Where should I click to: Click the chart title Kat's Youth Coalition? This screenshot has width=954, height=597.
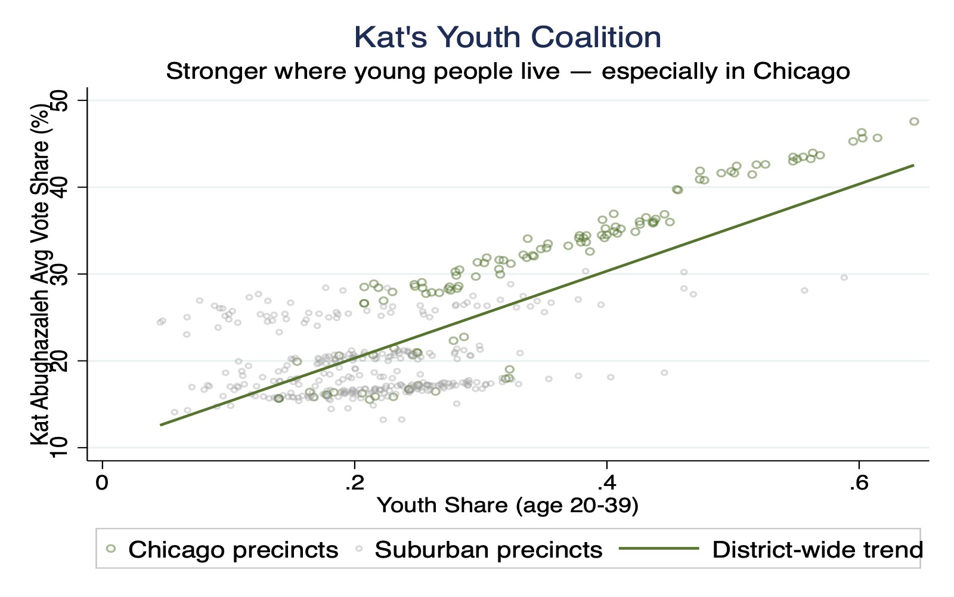tap(507, 37)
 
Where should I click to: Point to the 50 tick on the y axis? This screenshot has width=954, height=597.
tap(61, 100)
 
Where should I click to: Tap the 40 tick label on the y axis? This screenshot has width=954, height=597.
tap(61, 187)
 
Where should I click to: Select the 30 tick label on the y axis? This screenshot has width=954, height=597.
tap(61, 274)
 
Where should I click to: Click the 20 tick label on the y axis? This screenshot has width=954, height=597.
tap(61, 361)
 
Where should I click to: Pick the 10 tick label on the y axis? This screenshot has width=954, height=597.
tap(61, 447)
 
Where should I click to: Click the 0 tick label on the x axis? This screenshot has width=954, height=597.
tap(103, 482)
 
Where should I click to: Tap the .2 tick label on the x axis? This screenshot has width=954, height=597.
tap(354, 482)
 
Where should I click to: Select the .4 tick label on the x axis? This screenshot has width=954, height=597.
tap(606, 482)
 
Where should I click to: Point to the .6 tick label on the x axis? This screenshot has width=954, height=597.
tap(858, 482)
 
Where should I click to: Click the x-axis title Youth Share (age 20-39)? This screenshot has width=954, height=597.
tap(507, 506)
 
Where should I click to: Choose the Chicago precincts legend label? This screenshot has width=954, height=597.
tap(233, 549)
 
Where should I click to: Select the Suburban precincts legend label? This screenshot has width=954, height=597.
tap(488, 549)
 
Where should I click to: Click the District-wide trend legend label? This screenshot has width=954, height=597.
tap(817, 549)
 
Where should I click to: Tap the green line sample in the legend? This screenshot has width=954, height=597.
tap(659, 548)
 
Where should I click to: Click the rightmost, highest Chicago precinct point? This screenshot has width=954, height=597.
tap(914, 121)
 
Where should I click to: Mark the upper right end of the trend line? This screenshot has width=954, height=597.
tap(913, 165)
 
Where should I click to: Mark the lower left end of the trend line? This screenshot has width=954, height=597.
tap(160, 425)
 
